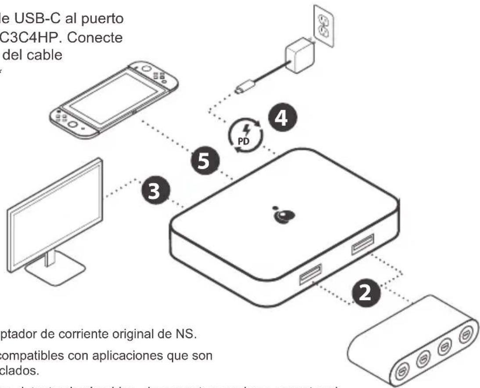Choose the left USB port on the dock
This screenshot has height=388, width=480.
(x=310, y=274)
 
